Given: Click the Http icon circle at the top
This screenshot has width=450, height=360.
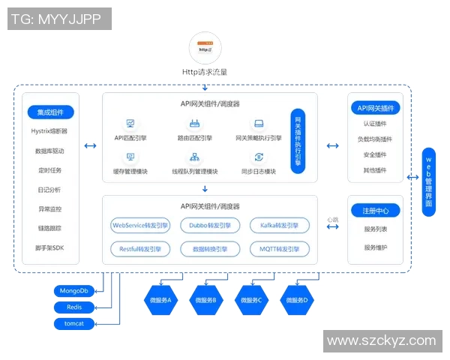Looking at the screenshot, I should pos(205,47).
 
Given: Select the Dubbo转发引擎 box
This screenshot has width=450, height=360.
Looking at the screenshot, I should pos(210,225).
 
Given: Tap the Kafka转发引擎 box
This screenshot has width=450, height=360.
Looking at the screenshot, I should pos(279,225).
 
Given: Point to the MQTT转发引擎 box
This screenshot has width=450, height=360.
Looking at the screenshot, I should pos(279,248).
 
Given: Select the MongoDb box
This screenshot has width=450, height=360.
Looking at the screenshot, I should pos(73,290).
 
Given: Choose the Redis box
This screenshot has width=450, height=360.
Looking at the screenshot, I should pos(73,307).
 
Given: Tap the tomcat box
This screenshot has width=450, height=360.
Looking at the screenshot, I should pos(73,323).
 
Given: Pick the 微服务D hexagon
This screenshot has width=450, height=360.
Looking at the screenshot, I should pos(296,299).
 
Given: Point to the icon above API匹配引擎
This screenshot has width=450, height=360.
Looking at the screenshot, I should pos(130,123).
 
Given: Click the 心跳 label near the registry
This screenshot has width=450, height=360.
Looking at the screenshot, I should pos(332,219).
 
